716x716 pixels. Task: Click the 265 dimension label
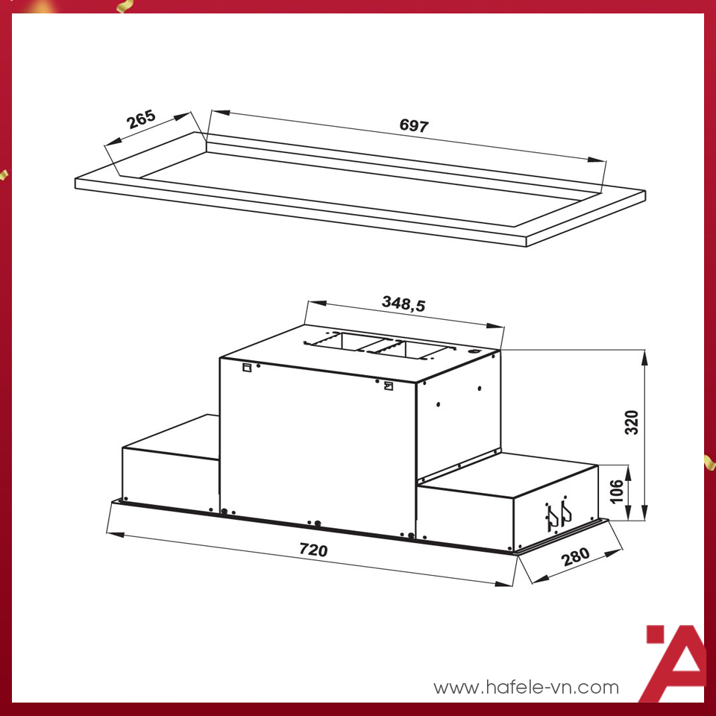(141, 119)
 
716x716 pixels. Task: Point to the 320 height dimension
(632, 422)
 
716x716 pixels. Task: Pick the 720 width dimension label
(313, 550)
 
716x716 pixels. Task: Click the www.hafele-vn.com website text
(526, 687)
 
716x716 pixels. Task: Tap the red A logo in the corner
(674, 664)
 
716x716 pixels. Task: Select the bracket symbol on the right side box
(558, 515)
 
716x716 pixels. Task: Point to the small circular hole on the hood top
(473, 351)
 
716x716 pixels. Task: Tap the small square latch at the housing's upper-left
(246, 366)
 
